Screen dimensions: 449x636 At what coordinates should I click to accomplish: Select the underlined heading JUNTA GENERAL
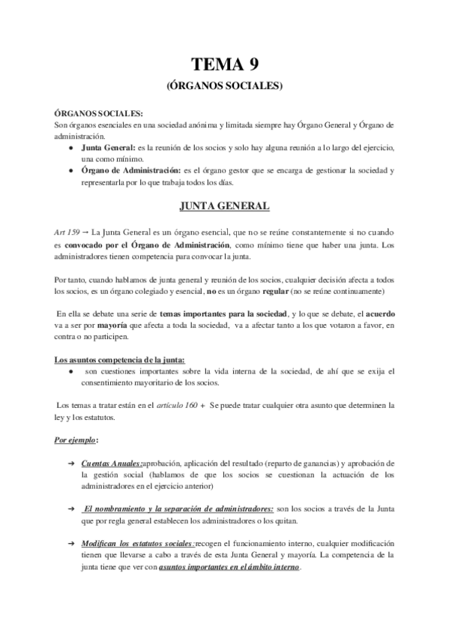[x=224, y=205]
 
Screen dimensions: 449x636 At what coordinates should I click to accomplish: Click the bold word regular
[x=271, y=289]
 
